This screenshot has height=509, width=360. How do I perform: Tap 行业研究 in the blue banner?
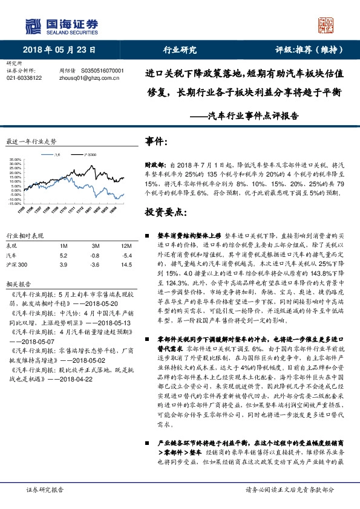coord(180,50)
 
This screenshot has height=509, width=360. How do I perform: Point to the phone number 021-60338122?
coord(24,78)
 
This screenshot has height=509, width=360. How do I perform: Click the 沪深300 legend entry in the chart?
coord(90,155)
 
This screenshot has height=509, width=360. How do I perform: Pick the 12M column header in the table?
coord(126,246)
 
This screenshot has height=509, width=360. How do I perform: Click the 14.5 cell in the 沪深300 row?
coord(126,265)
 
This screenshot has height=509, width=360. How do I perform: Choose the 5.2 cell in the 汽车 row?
coord(64,256)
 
